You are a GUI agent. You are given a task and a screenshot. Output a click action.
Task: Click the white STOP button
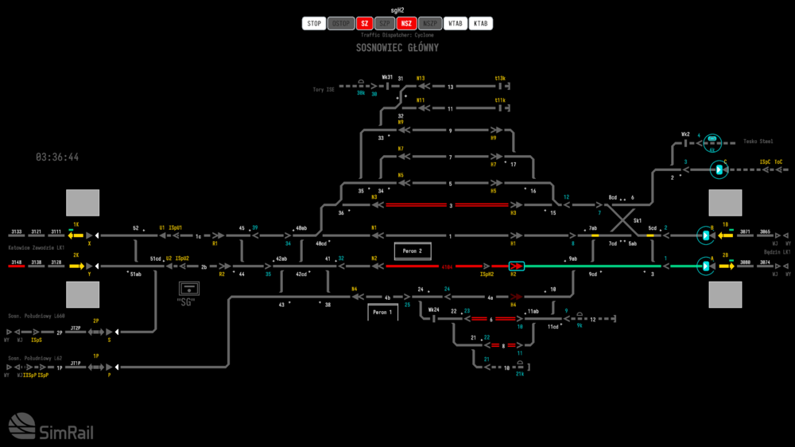(x=314, y=24)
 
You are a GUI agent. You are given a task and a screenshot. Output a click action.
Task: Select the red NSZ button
(x=406, y=24)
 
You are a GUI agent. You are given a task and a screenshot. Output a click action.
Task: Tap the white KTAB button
(x=480, y=24)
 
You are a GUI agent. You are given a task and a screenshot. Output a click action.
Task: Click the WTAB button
(x=456, y=24)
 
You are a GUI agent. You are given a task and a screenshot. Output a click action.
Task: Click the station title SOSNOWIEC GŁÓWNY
(x=397, y=48)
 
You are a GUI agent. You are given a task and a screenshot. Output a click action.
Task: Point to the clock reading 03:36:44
(x=57, y=157)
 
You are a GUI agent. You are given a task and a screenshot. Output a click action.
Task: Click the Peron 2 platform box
(x=413, y=251)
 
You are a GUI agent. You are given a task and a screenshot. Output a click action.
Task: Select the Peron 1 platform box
(x=382, y=313)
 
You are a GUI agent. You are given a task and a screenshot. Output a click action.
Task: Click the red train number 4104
(x=447, y=266)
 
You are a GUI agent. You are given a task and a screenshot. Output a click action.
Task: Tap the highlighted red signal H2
(x=516, y=266)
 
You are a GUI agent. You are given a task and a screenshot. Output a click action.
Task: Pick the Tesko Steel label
(x=758, y=142)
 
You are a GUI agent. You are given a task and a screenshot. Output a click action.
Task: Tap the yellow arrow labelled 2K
(x=77, y=266)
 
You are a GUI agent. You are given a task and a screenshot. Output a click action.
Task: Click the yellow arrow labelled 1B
(x=725, y=235)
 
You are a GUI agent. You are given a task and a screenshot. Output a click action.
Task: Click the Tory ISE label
(x=324, y=90)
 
